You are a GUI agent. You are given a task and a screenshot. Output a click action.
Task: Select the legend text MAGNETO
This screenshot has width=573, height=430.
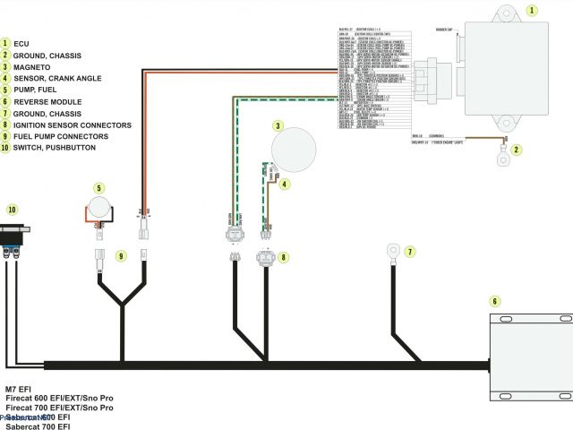click(x=31, y=66)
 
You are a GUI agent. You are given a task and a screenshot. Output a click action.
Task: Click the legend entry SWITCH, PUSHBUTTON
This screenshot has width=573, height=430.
click(x=54, y=148)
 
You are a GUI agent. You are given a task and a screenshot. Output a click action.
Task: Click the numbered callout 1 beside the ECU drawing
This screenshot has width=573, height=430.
click(x=532, y=11)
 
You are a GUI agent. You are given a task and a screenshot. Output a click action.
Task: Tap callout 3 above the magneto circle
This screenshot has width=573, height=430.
click(x=278, y=126)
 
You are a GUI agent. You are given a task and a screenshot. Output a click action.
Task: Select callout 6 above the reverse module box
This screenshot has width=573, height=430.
click(x=495, y=302)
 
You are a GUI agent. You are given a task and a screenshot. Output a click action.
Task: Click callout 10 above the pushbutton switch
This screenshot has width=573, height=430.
click(x=12, y=209)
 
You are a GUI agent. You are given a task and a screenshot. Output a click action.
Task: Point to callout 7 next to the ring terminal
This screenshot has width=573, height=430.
click(x=410, y=252)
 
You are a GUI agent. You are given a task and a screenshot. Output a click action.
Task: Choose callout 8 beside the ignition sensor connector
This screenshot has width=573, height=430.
click(x=284, y=257)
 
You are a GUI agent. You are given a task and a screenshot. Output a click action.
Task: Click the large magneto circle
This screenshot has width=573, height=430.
click(x=294, y=150)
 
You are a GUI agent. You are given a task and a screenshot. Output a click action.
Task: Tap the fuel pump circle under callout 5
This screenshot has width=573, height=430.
click(x=99, y=208)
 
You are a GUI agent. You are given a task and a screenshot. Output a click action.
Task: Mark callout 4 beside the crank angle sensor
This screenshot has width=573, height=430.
click(x=285, y=185)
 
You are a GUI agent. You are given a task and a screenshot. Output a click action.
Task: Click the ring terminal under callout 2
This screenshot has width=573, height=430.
click(x=504, y=159)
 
